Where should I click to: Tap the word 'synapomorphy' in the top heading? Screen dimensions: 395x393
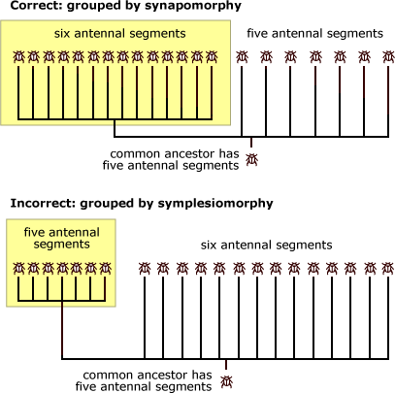tap(193, 7)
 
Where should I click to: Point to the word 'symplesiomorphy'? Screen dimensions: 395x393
tap(215, 204)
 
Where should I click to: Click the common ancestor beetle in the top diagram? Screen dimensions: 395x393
tap(251, 159)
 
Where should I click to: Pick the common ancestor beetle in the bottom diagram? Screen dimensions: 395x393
tap(226, 381)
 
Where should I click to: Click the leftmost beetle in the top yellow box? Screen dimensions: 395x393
tap(18, 57)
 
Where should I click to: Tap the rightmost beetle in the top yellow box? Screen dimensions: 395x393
tap(212, 57)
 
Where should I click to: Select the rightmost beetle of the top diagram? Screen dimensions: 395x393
tap(389, 57)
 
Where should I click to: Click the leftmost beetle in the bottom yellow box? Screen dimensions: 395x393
tap(18, 268)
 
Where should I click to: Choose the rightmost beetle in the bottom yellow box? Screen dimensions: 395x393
tap(106, 268)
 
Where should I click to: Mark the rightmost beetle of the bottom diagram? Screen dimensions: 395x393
tap(388, 268)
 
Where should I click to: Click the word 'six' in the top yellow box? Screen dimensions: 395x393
tap(62, 33)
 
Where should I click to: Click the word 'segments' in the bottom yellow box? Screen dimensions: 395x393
tap(61, 245)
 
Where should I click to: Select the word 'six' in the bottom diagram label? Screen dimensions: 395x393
tap(209, 245)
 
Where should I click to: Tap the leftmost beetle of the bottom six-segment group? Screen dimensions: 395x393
tap(145, 268)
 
